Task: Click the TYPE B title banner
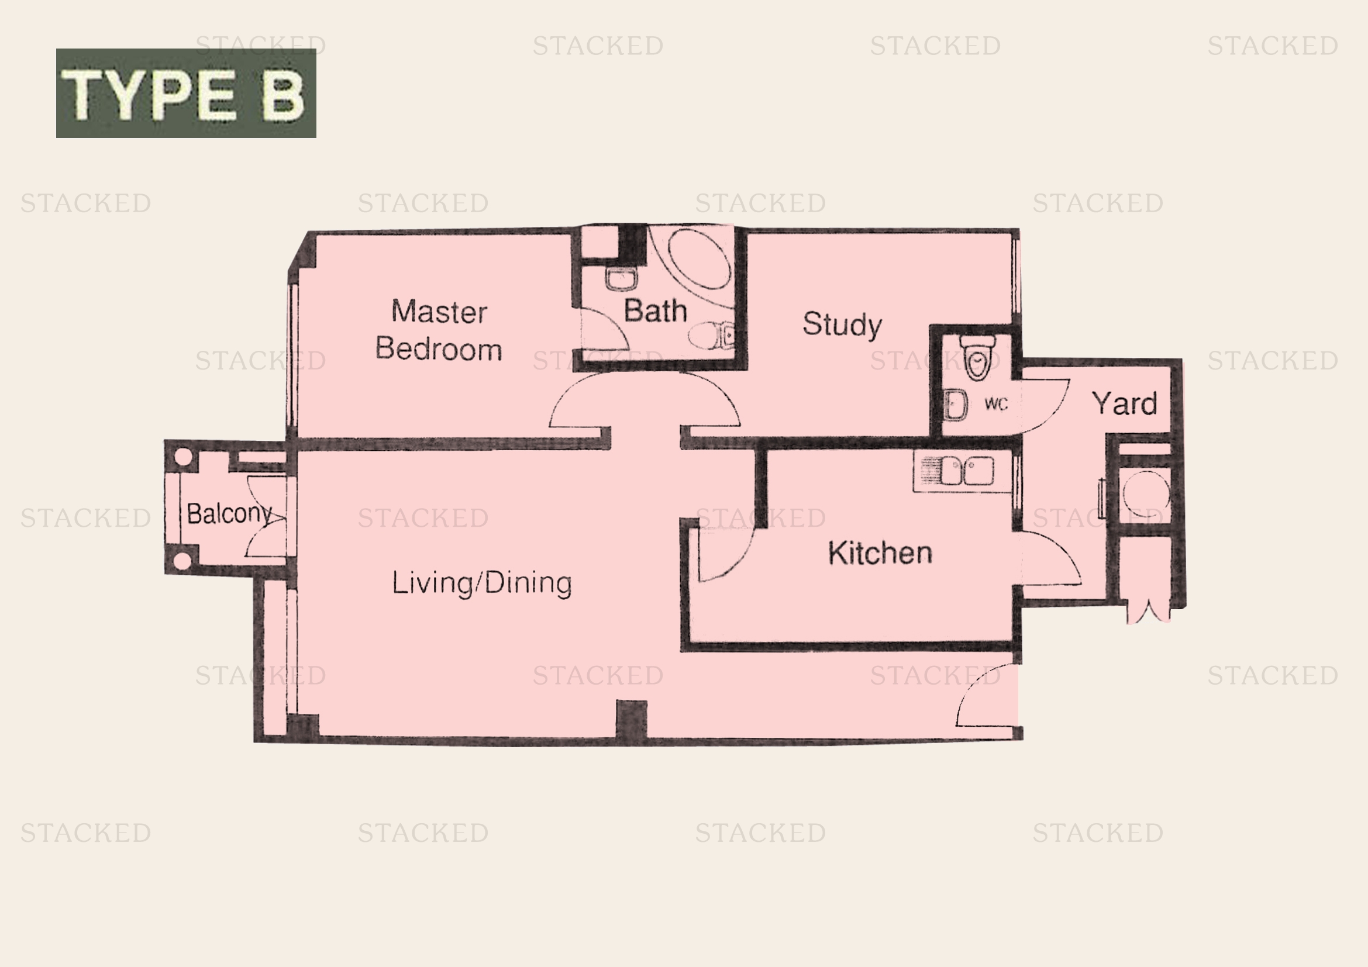pyautogui.click(x=186, y=94)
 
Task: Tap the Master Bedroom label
pyautogui.click(x=439, y=330)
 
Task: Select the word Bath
pyautogui.click(x=655, y=311)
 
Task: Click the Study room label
pyautogui.click(x=842, y=324)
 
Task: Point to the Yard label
pyautogui.click(x=1124, y=404)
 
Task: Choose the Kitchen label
pyautogui.click(x=880, y=553)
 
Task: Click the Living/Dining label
pyautogui.click(x=481, y=583)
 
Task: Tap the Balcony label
pyautogui.click(x=229, y=513)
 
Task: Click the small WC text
pyautogui.click(x=995, y=405)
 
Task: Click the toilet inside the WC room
pyautogui.click(x=977, y=355)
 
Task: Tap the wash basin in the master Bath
pyautogui.click(x=622, y=279)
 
